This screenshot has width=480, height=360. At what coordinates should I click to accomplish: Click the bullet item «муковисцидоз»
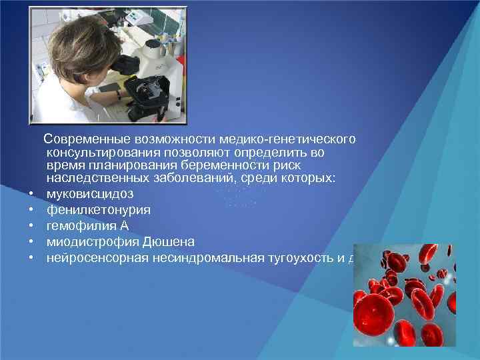90,194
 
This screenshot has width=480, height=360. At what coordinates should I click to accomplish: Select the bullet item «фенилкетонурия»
98,210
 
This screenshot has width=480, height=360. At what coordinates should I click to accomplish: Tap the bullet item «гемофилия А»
87,225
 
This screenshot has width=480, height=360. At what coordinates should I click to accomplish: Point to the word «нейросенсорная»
96,257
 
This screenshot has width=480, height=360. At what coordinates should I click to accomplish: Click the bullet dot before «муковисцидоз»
31,195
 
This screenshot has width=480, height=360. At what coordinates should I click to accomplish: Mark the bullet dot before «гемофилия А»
31,226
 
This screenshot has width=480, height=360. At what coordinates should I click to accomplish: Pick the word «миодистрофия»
93,241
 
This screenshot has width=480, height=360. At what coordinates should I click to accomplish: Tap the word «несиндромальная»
205,257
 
